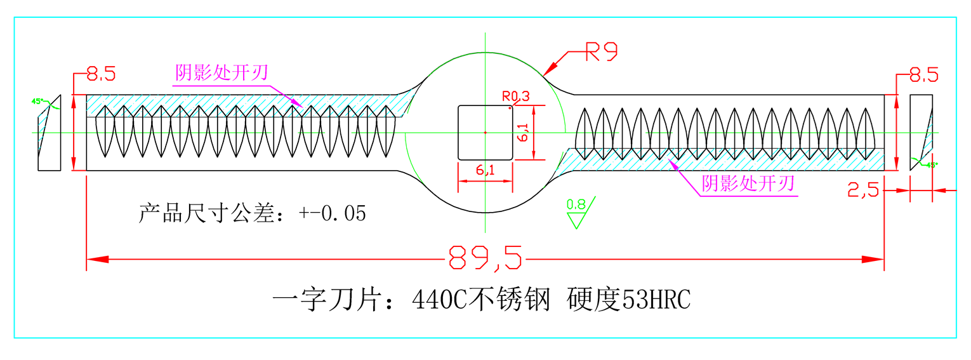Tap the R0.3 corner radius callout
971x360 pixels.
[x=515, y=97]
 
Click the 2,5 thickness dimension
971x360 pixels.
[x=863, y=189]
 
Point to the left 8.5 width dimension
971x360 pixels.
[x=101, y=75]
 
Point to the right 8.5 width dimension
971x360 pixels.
[x=923, y=76]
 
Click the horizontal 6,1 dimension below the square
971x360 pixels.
[x=485, y=170]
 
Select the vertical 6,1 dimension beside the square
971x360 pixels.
[x=524, y=133]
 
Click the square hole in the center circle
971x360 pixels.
[x=485, y=132]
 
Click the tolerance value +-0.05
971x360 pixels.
[x=333, y=213]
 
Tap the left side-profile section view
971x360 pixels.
[x=49, y=133]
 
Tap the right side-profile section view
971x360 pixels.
[x=921, y=132]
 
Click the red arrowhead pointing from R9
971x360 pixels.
[x=550, y=69]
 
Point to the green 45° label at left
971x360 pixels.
[x=37, y=101]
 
